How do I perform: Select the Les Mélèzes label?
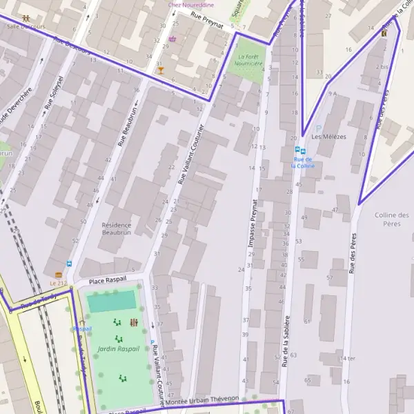pyautogui.click(x=328, y=137)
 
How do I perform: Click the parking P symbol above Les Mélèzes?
pyautogui.click(x=318, y=128)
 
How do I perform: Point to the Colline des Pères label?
pyautogui.click(x=392, y=219)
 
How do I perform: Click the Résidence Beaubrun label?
pyautogui.click(x=121, y=228)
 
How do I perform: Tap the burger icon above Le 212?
pyautogui.click(x=59, y=275)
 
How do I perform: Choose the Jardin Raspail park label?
pyautogui.click(x=118, y=348)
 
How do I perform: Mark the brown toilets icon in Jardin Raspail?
pyautogui.click(x=133, y=322)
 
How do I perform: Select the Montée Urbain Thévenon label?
pyautogui.click(x=204, y=399)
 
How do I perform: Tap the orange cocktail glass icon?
pyautogui.click(x=161, y=70)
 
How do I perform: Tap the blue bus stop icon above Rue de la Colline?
pyautogui.click(x=298, y=150)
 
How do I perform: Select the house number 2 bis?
pyautogui.click(x=382, y=67)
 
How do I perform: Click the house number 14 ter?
pyautogui.click(x=347, y=359)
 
